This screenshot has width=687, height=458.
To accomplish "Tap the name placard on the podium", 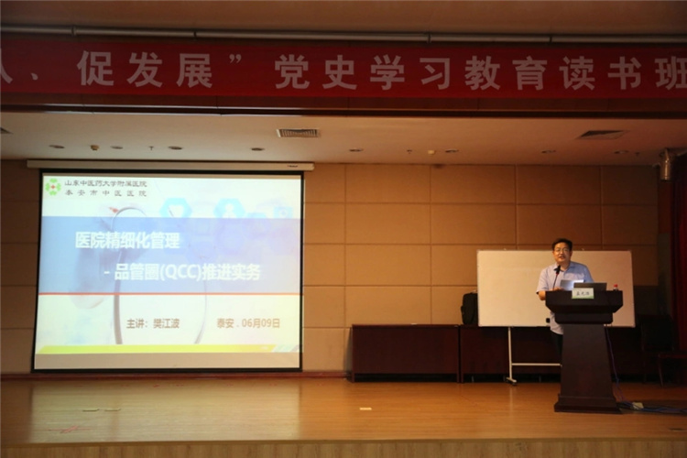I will (583, 293).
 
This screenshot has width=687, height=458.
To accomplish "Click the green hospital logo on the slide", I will (53, 186).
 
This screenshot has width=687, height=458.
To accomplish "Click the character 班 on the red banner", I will (671, 73).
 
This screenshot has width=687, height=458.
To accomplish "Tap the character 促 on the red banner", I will (95, 70).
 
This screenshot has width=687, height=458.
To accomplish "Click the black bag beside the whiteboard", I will (469, 309).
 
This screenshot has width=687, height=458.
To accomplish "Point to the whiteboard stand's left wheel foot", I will (510, 379).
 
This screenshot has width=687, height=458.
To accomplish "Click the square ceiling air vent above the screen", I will (298, 133).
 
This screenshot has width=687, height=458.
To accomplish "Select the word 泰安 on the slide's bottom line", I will (224, 323).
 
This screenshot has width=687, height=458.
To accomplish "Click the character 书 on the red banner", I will (623, 73).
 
